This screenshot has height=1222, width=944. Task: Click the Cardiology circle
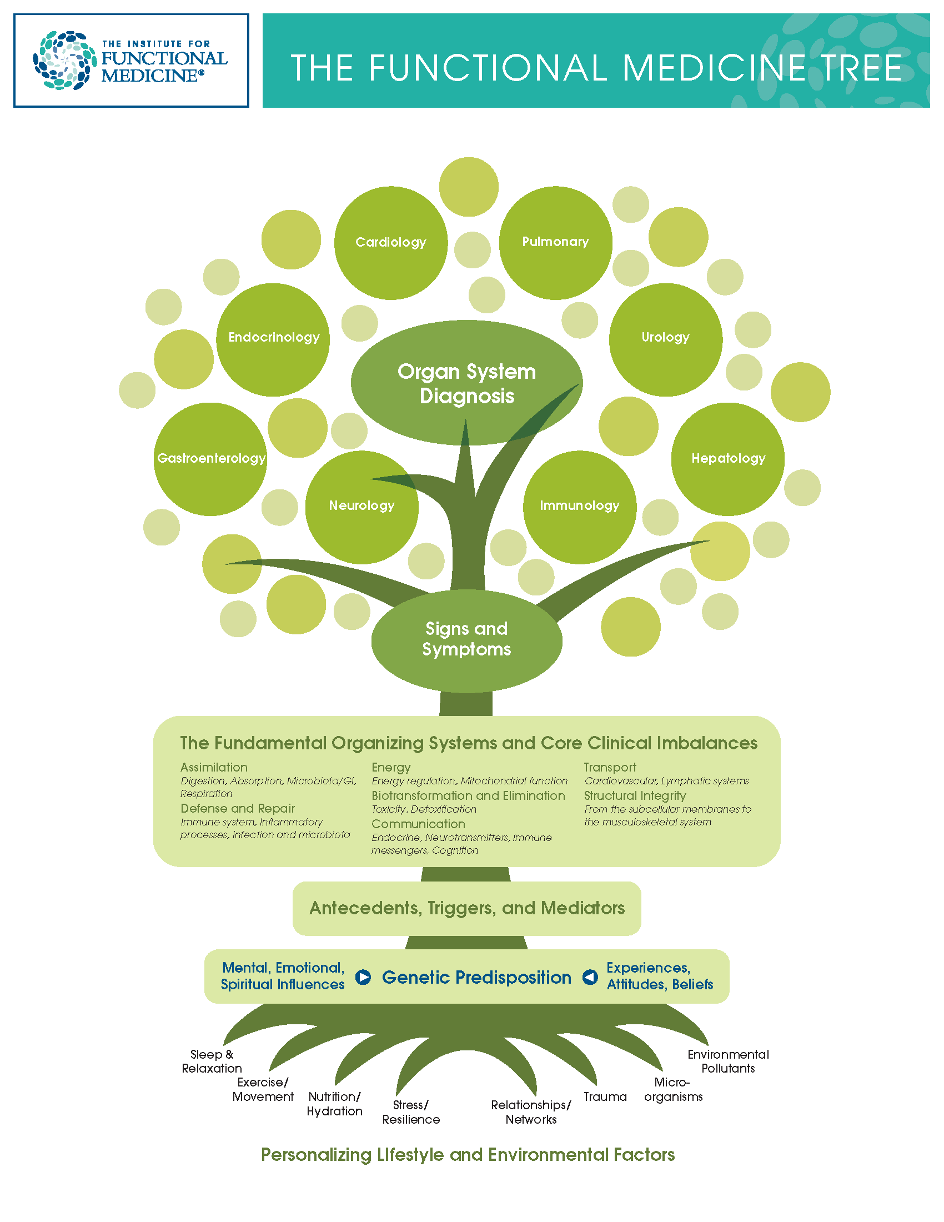(390, 242)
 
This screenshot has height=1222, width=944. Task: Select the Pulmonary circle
(555, 242)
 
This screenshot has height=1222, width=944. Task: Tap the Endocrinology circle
(273, 339)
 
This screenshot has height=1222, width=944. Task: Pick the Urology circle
(665, 339)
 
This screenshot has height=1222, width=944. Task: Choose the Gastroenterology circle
(210, 459)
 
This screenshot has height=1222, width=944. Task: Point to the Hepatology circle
(727, 459)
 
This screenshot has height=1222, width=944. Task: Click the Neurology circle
(361, 507)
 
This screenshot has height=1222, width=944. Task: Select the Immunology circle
(579, 507)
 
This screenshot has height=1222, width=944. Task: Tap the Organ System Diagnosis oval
(466, 383)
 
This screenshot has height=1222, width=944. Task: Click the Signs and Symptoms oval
(466, 639)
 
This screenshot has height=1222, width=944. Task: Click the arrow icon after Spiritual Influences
(363, 977)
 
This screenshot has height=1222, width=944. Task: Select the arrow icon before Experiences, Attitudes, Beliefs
(590, 977)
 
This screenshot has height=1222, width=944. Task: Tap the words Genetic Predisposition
(476, 978)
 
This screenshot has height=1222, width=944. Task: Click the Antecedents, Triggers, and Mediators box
(466, 908)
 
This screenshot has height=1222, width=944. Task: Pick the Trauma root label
(605, 1096)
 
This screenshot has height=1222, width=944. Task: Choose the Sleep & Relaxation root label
(212, 1061)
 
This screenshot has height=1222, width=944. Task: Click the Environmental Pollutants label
(727, 1061)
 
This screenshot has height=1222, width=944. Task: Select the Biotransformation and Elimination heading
(468, 795)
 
